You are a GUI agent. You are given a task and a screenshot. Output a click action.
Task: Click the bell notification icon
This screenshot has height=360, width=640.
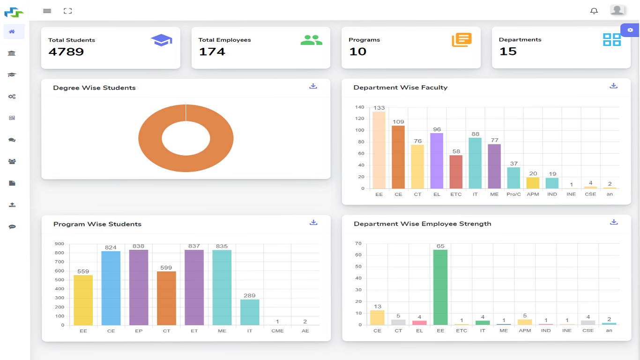coord(594,11)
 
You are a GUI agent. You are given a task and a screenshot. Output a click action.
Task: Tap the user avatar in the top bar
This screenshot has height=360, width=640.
coord(617,10)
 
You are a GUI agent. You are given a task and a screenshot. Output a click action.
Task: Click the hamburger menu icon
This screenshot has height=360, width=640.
coord(47,11)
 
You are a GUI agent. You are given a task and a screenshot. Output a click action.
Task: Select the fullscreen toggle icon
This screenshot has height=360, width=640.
coord(67,11)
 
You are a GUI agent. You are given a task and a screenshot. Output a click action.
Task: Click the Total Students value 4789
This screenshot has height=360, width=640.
coord(66,52)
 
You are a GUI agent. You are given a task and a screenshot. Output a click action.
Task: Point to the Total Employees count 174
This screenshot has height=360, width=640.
coord(212,52)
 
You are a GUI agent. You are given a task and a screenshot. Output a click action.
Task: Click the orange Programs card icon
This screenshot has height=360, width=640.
coord(461,40)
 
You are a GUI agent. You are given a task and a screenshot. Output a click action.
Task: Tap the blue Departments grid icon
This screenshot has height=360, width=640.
coord(611,40)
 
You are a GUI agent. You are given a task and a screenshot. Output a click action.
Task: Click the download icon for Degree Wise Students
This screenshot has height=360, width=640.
coord(313,86)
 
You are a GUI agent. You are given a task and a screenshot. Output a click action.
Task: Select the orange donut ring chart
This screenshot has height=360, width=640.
coord(150,138)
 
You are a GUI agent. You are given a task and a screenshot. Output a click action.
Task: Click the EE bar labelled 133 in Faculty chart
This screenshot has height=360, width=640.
coord(379,150)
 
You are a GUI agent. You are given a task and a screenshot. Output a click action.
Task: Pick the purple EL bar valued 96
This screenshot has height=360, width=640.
coord(437,161)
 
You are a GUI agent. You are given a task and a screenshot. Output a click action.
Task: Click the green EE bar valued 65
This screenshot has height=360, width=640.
coord(440,287)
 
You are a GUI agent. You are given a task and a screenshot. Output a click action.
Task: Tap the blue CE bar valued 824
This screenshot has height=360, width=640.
coord(111,288)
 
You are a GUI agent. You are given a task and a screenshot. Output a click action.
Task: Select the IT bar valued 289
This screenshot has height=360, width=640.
coord(250,312)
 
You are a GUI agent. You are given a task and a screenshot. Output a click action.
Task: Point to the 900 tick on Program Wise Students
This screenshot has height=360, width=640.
coord(60,244)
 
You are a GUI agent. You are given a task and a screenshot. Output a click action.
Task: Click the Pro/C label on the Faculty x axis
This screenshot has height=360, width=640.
coord(513,194)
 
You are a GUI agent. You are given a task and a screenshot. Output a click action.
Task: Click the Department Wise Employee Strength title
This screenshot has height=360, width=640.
coord(422,224)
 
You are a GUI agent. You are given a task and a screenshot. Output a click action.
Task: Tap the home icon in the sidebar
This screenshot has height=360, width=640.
coord(12,31)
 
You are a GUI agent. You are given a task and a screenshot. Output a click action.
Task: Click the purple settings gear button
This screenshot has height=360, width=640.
coord(630,30)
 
